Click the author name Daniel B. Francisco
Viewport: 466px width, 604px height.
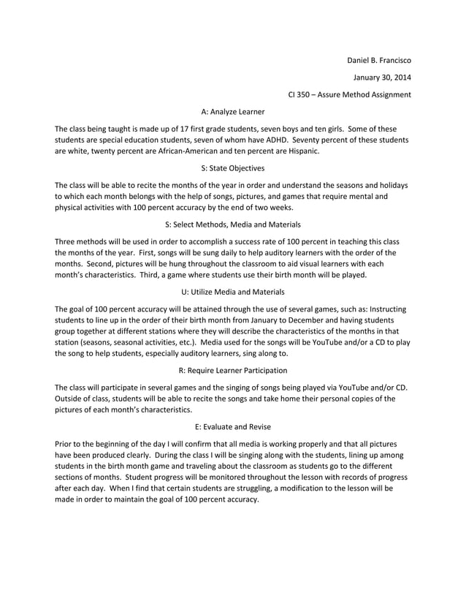tap(378, 58)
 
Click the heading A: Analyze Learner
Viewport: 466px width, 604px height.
tap(232, 112)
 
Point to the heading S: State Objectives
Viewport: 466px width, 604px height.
tap(232, 167)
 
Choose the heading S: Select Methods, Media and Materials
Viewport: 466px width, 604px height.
tap(232, 223)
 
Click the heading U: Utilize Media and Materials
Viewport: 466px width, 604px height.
tap(232, 292)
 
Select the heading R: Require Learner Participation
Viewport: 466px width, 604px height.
tap(232, 370)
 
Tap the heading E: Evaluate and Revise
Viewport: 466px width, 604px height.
tap(232, 426)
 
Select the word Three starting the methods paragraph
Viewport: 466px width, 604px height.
tap(66, 241)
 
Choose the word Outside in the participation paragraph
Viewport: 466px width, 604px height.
tap(70, 399)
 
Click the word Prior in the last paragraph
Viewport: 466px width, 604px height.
tap(65, 443)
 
